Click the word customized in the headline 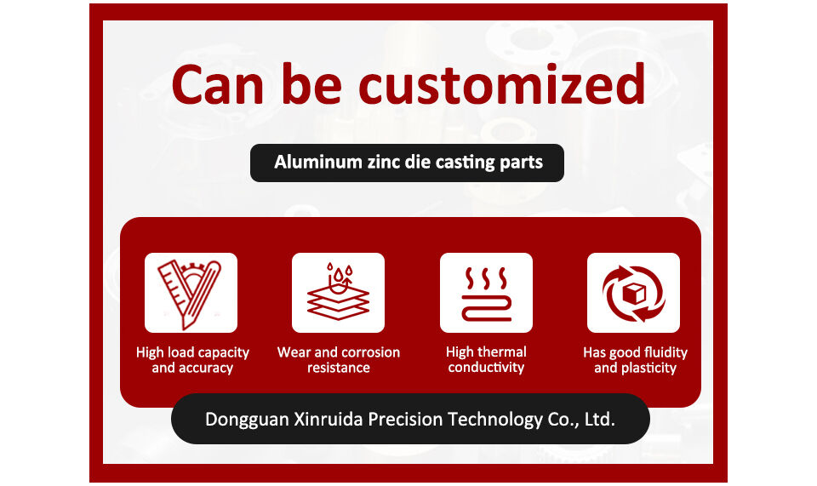503,84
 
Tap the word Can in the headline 219,85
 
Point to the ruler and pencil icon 191,293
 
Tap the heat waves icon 487,294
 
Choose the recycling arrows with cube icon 633,294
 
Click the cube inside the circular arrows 634,294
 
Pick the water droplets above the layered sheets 338,272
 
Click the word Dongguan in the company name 247,420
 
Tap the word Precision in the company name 405,420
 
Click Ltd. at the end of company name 600,420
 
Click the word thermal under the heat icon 502,352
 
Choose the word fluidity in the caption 666,352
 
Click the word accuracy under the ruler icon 205,369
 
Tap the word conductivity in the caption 486,368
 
